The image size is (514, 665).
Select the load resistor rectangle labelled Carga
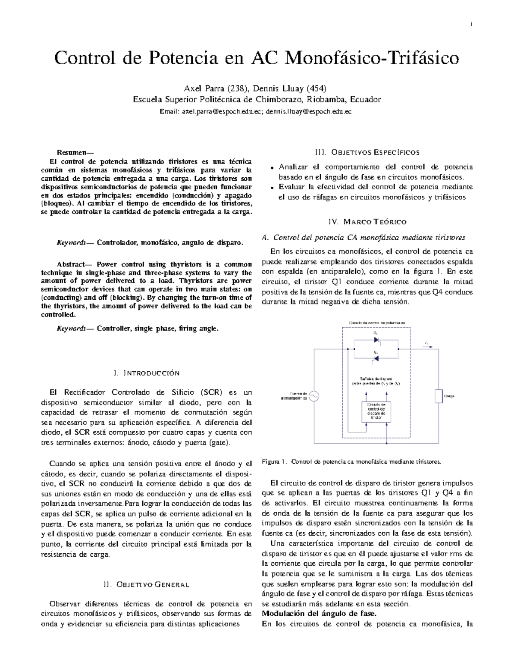point(438,396)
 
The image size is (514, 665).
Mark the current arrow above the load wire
point(427,343)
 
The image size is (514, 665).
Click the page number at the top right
point(471,24)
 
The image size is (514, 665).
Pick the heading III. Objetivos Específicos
point(368,152)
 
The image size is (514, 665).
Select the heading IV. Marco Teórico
point(367,222)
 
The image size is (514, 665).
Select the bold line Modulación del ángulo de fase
point(319,614)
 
